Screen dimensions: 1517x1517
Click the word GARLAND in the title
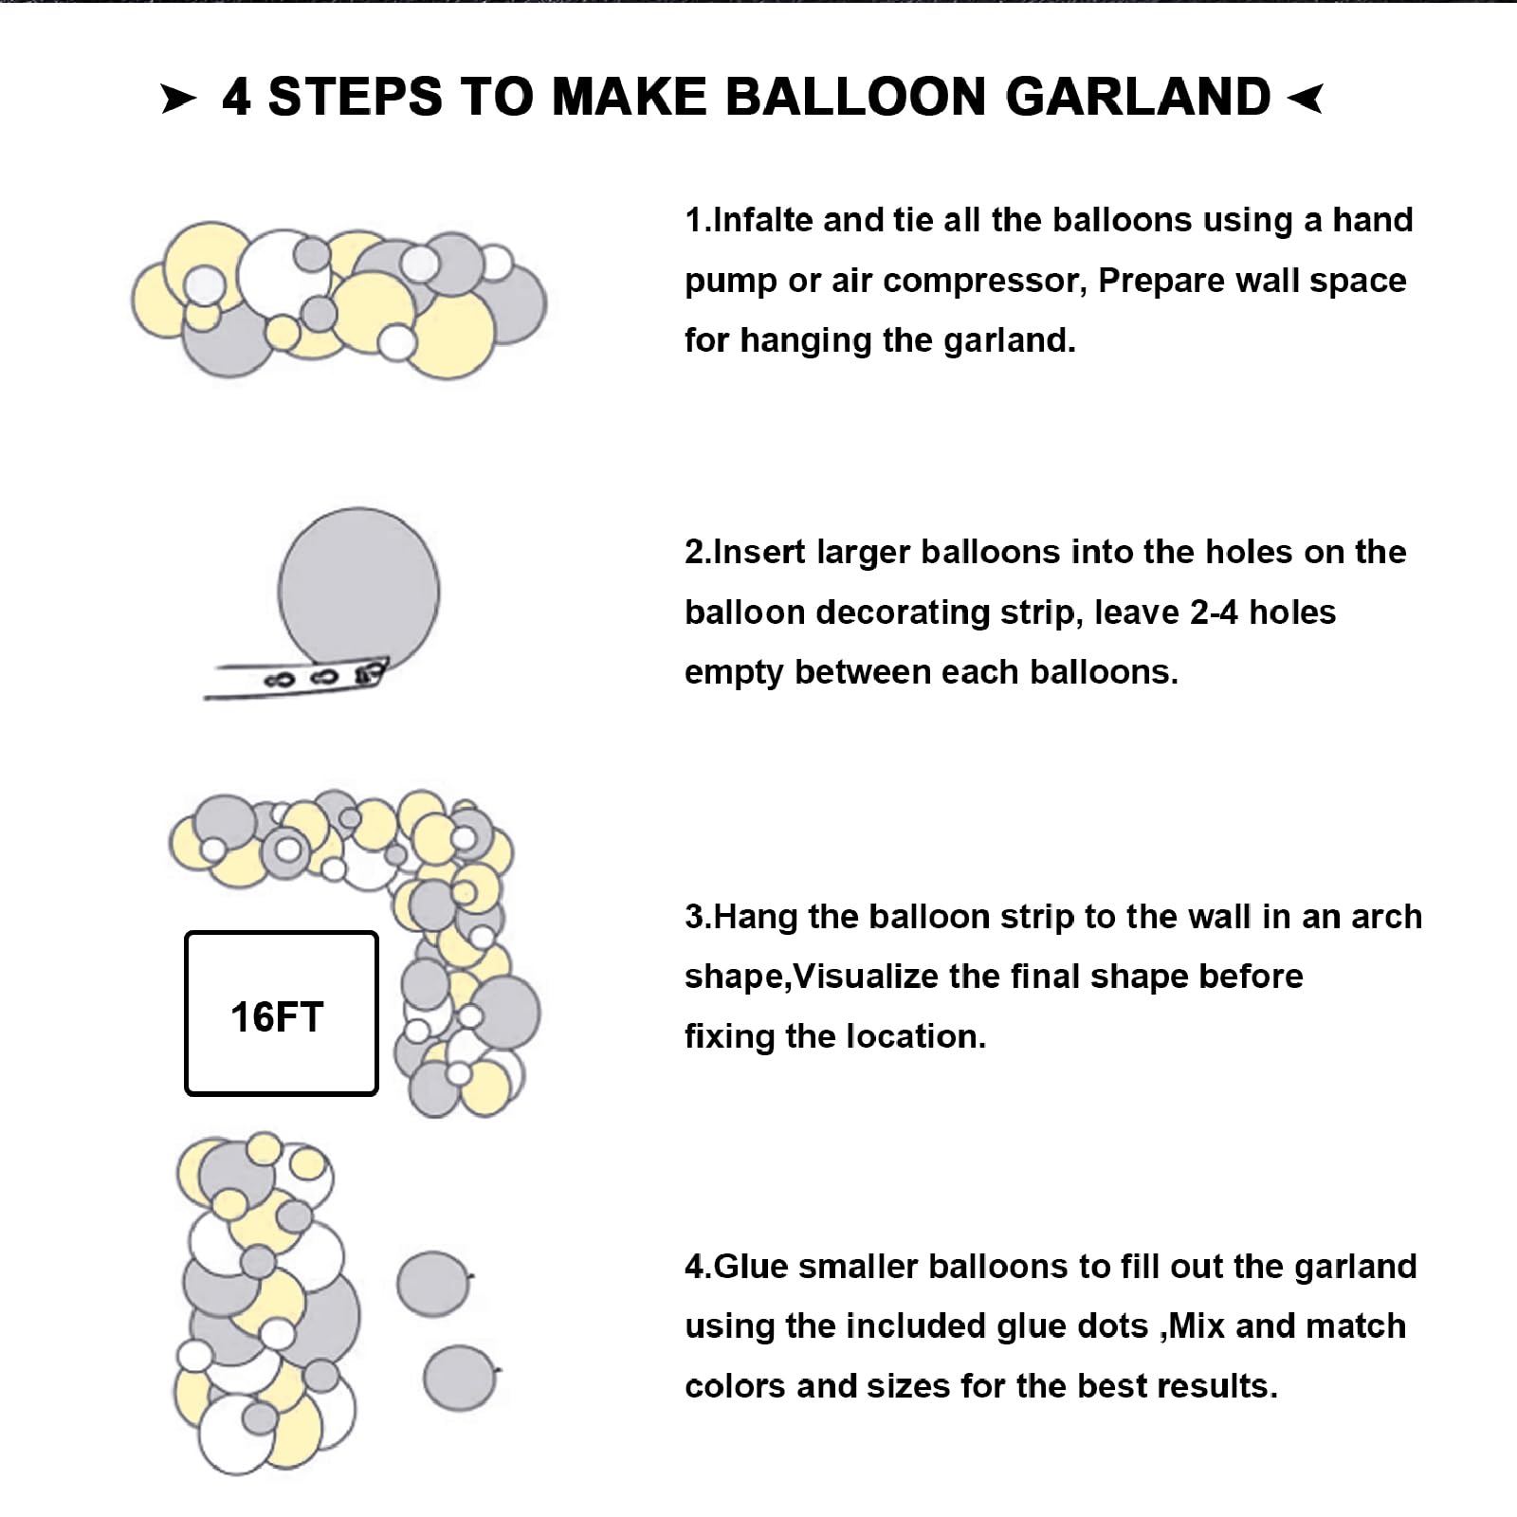(1138, 97)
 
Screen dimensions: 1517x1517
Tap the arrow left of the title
(178, 99)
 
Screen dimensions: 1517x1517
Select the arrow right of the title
(1306, 97)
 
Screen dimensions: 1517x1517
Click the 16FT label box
(282, 1014)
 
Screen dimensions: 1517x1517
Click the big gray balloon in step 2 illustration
(358, 590)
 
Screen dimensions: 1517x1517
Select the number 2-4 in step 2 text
(1214, 612)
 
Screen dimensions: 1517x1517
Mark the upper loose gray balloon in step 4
(433, 1284)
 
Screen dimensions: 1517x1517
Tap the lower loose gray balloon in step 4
(460, 1377)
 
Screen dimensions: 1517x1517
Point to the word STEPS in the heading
(356, 97)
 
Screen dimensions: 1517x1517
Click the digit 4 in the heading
(236, 97)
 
